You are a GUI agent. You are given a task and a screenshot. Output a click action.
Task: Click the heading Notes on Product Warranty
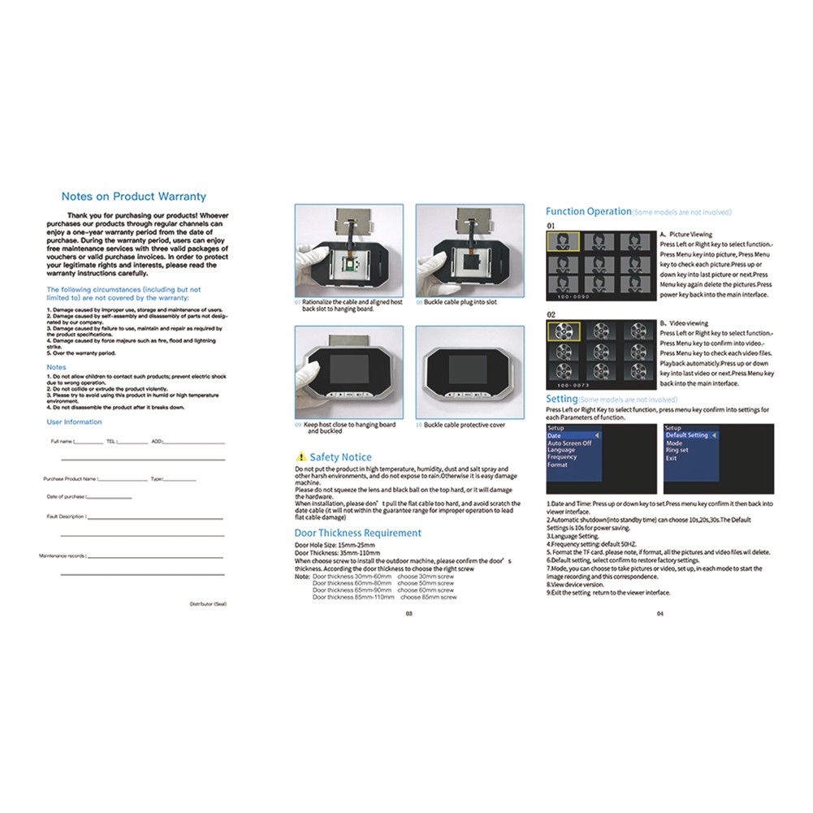134,197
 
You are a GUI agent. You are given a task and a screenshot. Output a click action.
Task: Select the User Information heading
74,422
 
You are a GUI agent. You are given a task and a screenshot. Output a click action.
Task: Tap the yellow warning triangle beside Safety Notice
301,457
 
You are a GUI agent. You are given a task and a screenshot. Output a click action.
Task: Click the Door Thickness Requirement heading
358,533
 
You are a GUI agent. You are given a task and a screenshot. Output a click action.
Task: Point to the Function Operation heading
589,211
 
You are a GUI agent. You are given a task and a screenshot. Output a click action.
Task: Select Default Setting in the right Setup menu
687,435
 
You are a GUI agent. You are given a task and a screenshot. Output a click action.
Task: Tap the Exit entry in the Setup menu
671,458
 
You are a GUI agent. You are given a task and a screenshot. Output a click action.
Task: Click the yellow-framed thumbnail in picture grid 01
563,241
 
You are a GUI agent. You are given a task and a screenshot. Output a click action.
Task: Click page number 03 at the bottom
409,614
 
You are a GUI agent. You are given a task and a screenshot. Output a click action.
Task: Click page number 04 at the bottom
660,614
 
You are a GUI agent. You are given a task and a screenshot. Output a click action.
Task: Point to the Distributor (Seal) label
208,604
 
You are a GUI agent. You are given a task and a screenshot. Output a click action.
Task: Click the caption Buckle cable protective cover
464,425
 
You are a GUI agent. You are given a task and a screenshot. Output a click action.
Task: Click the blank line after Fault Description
154,517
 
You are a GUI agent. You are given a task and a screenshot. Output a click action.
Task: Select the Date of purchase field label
66,496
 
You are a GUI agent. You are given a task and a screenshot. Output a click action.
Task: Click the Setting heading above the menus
562,400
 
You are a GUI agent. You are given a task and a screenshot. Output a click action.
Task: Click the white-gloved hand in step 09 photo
307,375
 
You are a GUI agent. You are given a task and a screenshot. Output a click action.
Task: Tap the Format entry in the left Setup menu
557,465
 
